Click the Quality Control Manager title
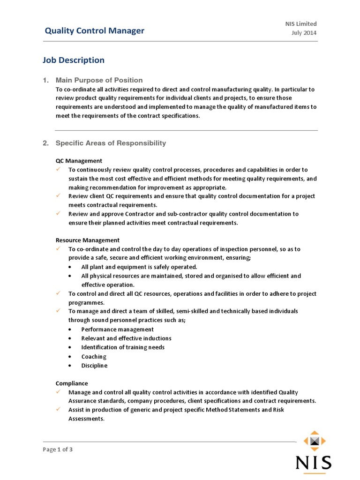point(94,31)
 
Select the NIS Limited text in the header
point(301,24)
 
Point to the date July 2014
point(304,33)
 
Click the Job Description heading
point(74,60)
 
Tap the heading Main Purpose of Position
point(99,80)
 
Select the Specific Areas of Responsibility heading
point(111,143)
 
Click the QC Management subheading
point(79,161)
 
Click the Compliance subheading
point(72,383)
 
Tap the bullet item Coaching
point(94,357)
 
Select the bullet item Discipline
point(94,366)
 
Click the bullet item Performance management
point(117,330)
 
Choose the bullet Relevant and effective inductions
point(126,338)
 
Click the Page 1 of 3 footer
point(58,450)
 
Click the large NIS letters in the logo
point(314,463)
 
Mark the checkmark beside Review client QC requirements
point(58,196)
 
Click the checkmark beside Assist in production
point(58,410)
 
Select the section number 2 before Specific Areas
point(45,143)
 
